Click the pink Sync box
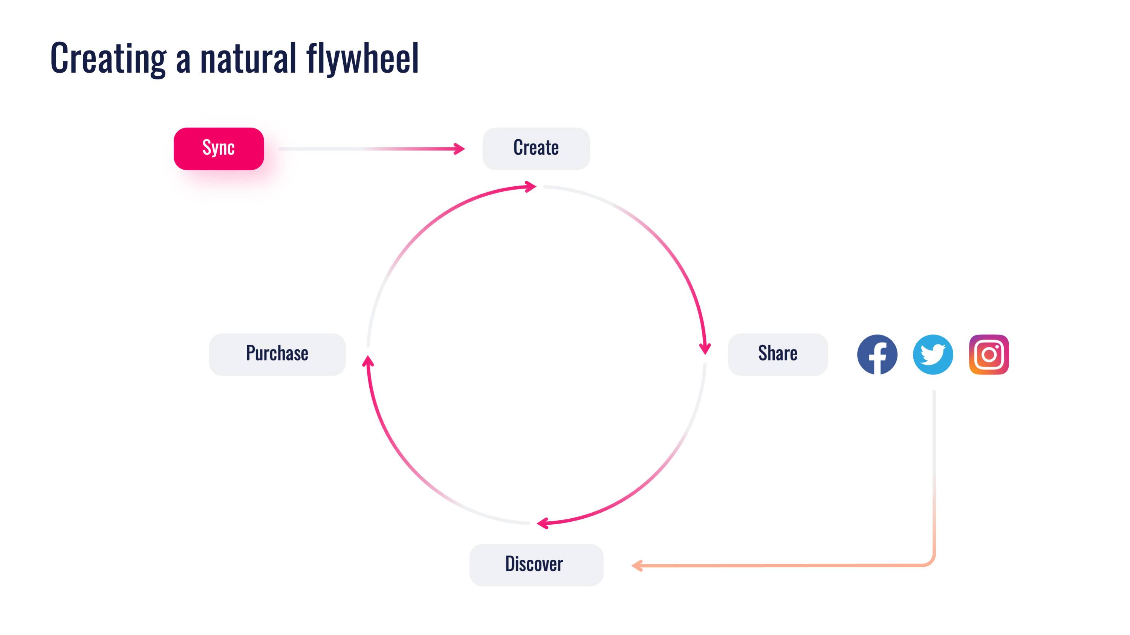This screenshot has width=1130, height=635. [x=219, y=149]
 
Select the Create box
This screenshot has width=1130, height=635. [x=536, y=149]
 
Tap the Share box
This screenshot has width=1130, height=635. [x=778, y=354]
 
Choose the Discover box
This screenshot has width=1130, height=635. [x=536, y=565]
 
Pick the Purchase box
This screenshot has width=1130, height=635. [x=277, y=354]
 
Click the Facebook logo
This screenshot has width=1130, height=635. [x=877, y=355]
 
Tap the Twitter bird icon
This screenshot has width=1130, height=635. [x=933, y=355]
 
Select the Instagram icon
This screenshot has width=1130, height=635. [x=989, y=355]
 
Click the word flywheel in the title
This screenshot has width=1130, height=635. [x=363, y=58]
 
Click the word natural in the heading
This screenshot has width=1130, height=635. [x=248, y=58]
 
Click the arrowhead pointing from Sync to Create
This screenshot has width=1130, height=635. [x=459, y=149]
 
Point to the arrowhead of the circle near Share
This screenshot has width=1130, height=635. [x=705, y=349]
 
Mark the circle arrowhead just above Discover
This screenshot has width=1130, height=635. [x=543, y=523]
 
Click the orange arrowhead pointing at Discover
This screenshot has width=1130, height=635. [x=637, y=565]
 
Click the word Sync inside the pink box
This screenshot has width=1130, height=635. [x=219, y=148]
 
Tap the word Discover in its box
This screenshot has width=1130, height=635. [x=534, y=563]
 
